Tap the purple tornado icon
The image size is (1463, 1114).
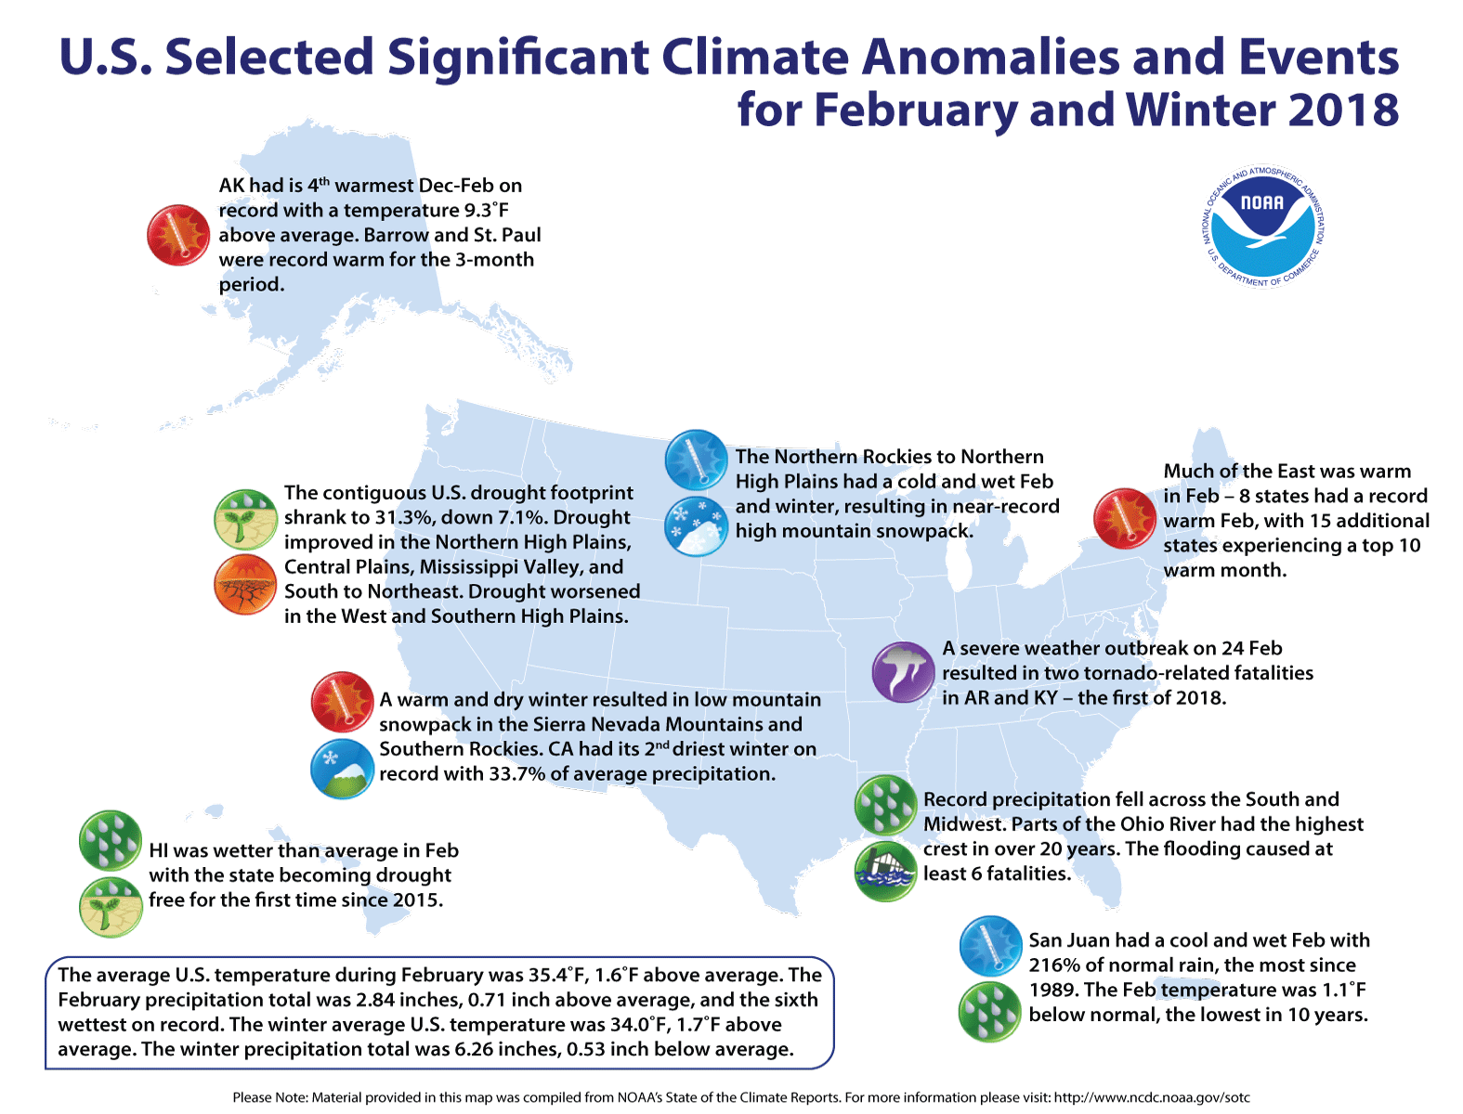[903, 672]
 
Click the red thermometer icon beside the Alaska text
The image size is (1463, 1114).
[178, 235]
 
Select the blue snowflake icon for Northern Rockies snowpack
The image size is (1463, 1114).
[696, 526]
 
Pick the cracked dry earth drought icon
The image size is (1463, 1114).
[245, 586]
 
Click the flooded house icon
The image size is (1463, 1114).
[885, 872]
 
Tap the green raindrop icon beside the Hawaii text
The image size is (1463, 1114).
[111, 840]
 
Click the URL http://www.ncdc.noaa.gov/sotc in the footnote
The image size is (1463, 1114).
[1152, 1097]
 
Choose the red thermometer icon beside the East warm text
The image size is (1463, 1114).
[1124, 518]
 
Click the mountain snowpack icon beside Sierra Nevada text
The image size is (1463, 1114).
[343, 770]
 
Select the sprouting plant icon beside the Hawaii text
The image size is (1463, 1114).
[111, 906]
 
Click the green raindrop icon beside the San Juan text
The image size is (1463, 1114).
[990, 1012]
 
